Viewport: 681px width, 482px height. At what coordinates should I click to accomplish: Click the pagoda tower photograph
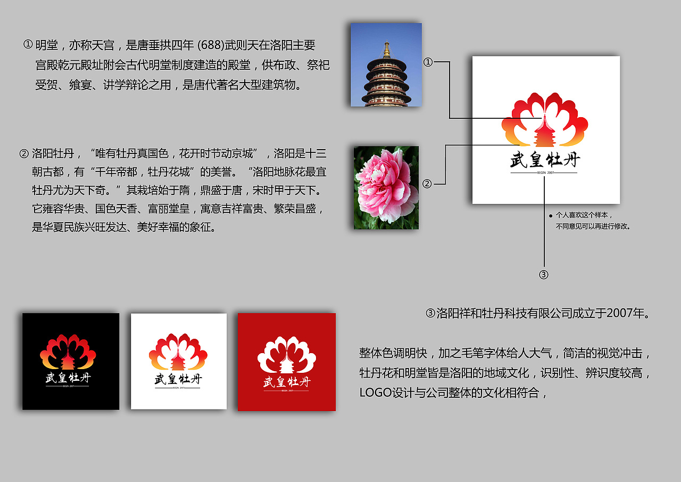pyautogui.click(x=386, y=64)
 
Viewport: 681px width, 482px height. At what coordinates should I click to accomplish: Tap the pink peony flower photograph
pyautogui.click(x=386, y=187)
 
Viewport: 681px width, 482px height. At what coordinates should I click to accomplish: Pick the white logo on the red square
pyautogui.click(x=287, y=362)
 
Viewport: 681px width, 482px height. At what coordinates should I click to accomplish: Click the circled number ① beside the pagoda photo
pyautogui.click(x=428, y=62)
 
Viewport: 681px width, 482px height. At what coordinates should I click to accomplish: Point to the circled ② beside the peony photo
pyautogui.click(x=427, y=184)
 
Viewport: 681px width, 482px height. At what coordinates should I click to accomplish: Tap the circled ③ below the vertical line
pyautogui.click(x=543, y=275)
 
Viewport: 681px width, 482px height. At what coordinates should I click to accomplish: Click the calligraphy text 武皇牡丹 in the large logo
pyautogui.click(x=545, y=160)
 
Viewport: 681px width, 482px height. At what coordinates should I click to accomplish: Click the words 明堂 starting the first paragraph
pyautogui.click(x=47, y=45)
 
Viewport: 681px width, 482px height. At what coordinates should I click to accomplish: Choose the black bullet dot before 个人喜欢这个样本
pyautogui.click(x=550, y=216)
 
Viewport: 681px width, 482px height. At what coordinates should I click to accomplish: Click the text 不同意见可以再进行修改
pyautogui.click(x=593, y=226)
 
